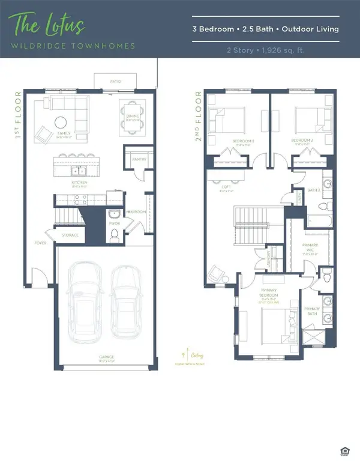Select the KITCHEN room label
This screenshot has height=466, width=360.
click(x=80, y=182)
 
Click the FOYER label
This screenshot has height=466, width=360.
click(x=40, y=243)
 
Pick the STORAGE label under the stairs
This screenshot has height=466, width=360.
click(x=70, y=235)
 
